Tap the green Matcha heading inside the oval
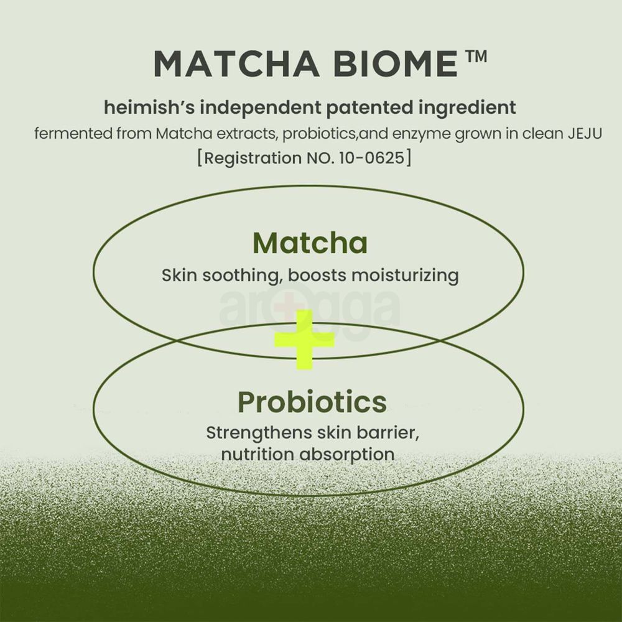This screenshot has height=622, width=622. [x=310, y=243]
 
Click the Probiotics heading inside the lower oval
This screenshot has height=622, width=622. [x=312, y=402]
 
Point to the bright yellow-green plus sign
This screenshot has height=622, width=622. [x=305, y=340]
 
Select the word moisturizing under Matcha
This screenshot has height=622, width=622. [x=404, y=275]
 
